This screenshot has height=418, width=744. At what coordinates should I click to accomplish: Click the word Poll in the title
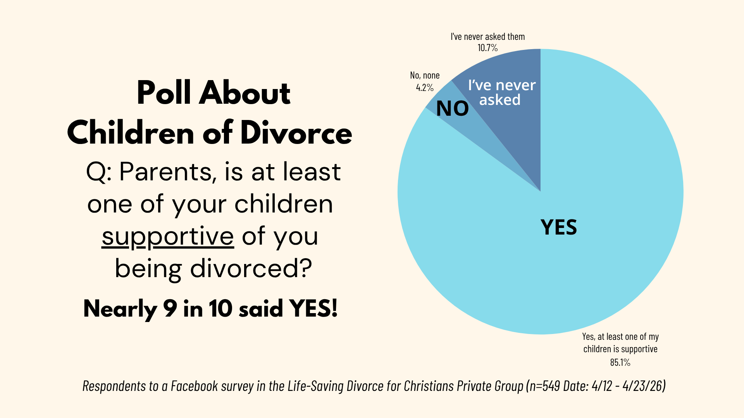(164, 93)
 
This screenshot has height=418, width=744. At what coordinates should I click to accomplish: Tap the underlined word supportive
(168, 236)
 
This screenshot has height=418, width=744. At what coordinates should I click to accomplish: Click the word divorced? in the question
(251, 268)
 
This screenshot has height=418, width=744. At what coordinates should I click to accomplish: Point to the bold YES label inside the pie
(558, 227)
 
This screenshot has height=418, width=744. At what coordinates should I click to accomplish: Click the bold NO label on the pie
(452, 109)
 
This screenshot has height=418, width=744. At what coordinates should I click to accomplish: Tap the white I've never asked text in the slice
(501, 93)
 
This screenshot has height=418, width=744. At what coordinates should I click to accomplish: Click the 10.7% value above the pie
(487, 48)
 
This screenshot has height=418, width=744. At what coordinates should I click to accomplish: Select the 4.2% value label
(425, 87)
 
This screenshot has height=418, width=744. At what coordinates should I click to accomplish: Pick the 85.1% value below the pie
(620, 362)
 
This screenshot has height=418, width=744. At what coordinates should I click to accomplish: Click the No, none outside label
(425, 75)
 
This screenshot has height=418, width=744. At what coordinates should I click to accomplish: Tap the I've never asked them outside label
(487, 37)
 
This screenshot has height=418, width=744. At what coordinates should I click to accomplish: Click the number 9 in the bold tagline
(170, 309)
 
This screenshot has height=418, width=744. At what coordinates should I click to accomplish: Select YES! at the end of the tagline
(313, 309)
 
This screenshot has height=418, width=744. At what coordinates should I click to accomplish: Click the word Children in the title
(131, 133)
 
